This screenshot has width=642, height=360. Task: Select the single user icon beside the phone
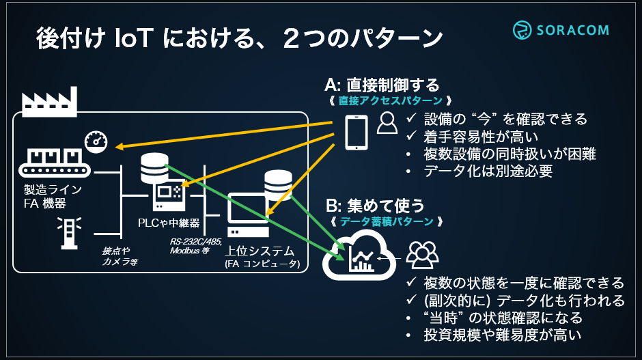(x=387, y=124)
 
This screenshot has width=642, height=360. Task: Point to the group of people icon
(x=421, y=254)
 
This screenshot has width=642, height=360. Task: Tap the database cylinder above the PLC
(x=154, y=168)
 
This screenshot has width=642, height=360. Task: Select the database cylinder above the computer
(x=277, y=182)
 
